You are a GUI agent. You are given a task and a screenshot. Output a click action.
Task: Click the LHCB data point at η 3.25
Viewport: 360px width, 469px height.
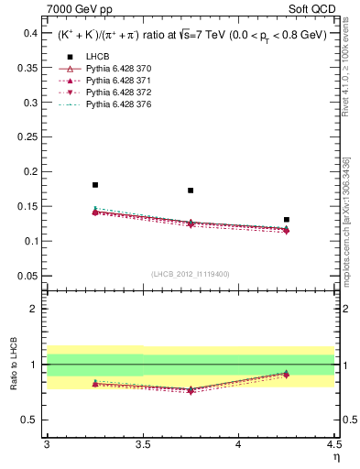(95, 185)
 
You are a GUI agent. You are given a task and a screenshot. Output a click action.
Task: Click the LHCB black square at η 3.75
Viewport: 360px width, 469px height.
(191, 191)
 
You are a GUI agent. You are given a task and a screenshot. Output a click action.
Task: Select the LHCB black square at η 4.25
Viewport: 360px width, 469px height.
(287, 220)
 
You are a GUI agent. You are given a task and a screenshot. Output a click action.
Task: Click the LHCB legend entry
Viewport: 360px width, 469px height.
(96, 57)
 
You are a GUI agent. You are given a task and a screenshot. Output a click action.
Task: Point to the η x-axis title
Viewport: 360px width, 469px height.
(335, 456)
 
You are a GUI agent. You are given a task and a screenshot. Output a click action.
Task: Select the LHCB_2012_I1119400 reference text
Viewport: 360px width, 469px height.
(191, 274)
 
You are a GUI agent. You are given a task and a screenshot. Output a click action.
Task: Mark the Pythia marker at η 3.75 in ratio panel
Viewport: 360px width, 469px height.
(191, 390)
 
